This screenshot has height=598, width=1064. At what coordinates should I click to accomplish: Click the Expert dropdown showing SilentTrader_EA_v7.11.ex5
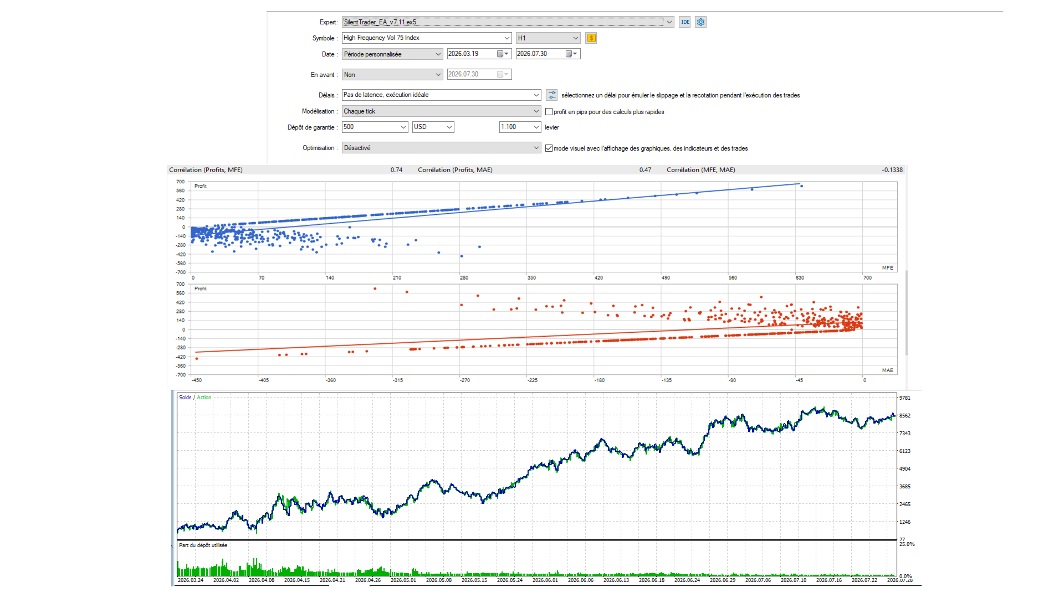[x=508, y=22]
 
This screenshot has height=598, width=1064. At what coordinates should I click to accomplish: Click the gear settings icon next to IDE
[x=701, y=22]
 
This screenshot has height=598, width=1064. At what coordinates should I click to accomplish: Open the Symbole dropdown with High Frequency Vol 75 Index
[x=427, y=38]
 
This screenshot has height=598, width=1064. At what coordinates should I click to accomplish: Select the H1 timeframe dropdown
[x=548, y=38]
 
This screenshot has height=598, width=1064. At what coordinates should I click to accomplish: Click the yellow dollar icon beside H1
[x=591, y=38]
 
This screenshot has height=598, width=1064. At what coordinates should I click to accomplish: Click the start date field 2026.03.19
[x=479, y=54]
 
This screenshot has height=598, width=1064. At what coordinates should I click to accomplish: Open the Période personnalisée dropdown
[x=392, y=54]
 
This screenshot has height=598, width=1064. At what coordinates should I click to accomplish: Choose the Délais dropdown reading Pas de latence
[x=441, y=95]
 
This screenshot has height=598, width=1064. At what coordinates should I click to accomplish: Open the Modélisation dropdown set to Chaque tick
[x=441, y=111]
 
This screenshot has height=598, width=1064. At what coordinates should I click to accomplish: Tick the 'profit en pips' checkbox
[x=549, y=112]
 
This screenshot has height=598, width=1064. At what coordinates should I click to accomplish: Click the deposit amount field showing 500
[x=375, y=127]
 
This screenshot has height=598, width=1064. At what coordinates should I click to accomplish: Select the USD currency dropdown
[x=433, y=127]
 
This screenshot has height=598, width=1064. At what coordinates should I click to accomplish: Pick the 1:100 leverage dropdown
[x=520, y=127]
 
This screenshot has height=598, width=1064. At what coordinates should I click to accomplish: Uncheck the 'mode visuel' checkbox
[x=549, y=148]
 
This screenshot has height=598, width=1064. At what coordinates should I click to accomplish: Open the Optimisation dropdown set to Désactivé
[x=441, y=148]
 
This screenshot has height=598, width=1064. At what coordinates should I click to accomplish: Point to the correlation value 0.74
[x=396, y=170]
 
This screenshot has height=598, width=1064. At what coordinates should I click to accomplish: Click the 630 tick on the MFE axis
[x=800, y=278]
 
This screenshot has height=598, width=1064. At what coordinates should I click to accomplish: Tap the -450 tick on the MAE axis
[x=197, y=380]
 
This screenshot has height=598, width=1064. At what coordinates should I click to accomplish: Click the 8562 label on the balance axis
[x=905, y=416]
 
